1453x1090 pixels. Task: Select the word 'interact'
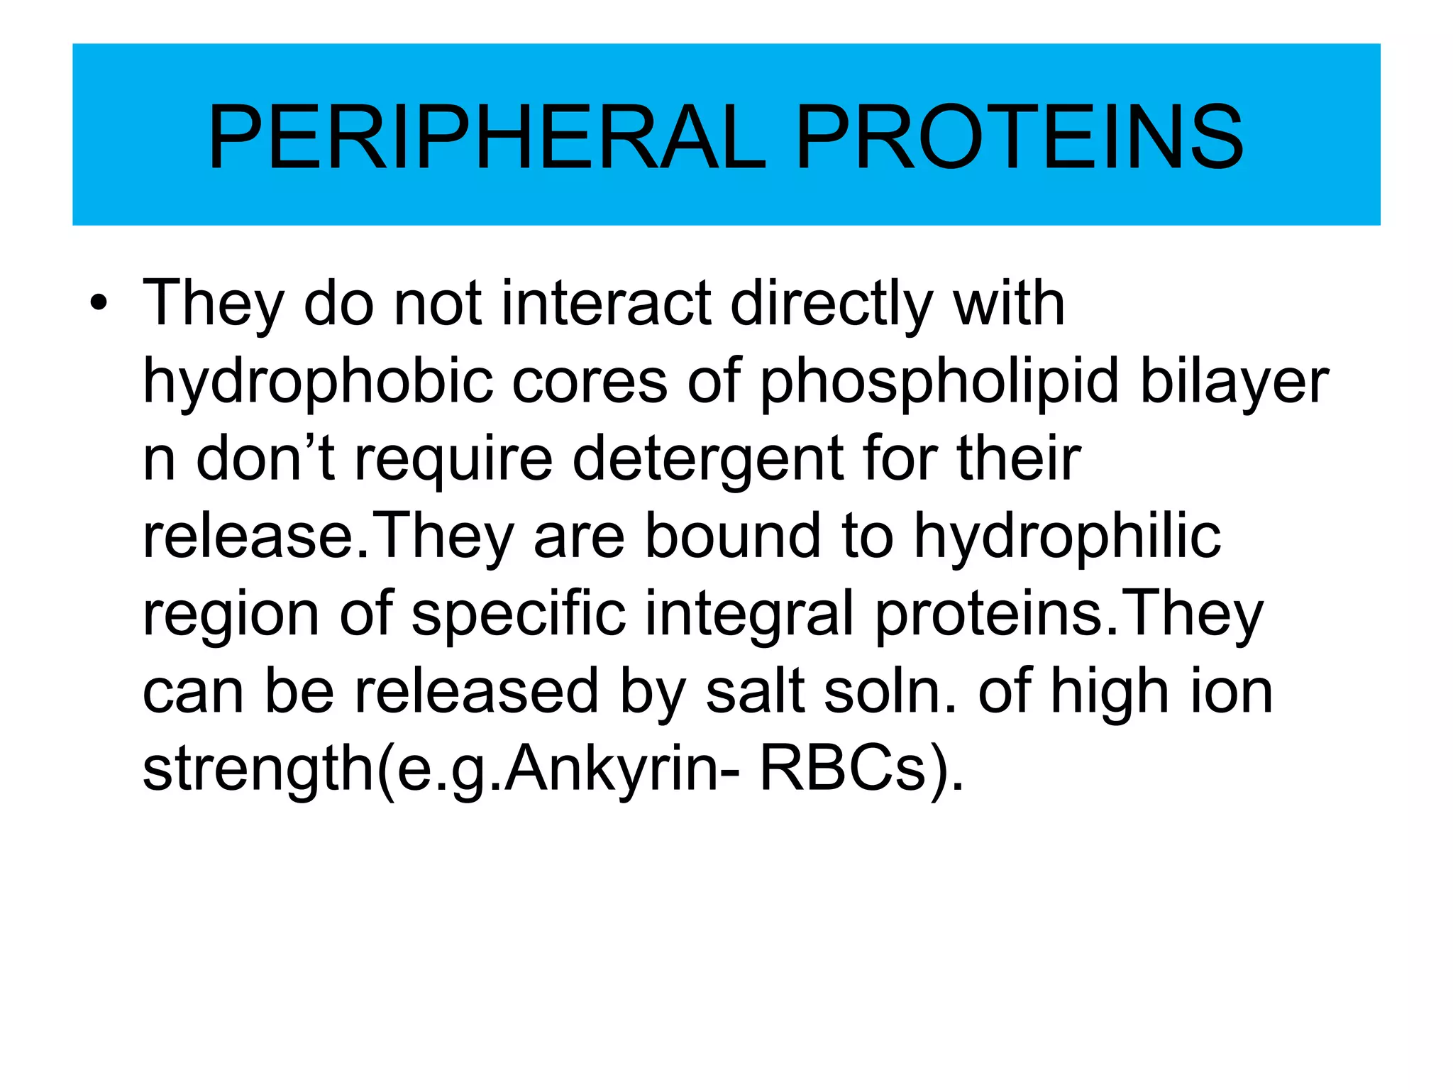coord(606,304)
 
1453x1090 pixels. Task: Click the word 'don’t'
coord(265,458)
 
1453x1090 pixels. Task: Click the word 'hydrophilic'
coord(1067,537)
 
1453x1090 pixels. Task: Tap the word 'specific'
coord(519,614)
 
